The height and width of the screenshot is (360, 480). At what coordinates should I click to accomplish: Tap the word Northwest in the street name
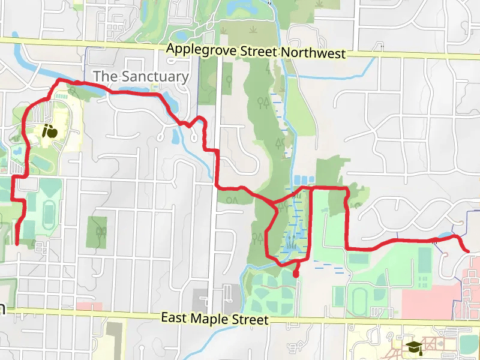pyautogui.click(x=313, y=53)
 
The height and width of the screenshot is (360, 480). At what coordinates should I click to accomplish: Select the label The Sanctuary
pyautogui.click(x=141, y=76)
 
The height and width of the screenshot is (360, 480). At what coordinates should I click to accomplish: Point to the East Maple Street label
pyautogui.click(x=214, y=318)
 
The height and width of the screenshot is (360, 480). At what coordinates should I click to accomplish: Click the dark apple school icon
pyautogui.click(x=50, y=130)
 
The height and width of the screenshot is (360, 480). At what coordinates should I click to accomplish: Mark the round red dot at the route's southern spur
pyautogui.click(x=296, y=274)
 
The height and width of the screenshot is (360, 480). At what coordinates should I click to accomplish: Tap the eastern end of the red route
pyautogui.click(x=467, y=250)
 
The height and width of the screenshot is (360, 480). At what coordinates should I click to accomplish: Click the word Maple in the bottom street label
pyautogui.click(x=217, y=318)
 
